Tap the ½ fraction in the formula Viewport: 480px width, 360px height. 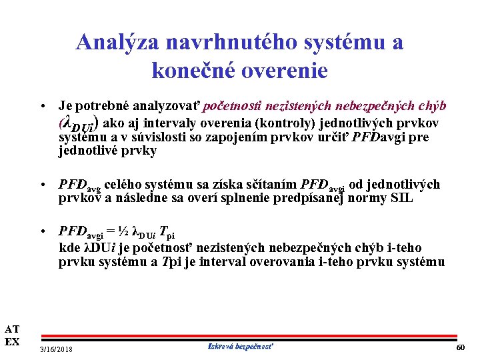(x=123, y=232)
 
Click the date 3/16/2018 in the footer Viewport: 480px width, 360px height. (x=57, y=349)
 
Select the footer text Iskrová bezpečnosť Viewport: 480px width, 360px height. (x=241, y=347)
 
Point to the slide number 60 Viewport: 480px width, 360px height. (x=460, y=349)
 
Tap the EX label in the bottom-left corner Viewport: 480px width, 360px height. (x=12, y=342)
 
